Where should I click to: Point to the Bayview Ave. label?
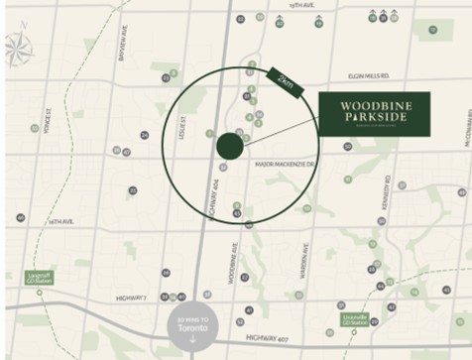(124, 44)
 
